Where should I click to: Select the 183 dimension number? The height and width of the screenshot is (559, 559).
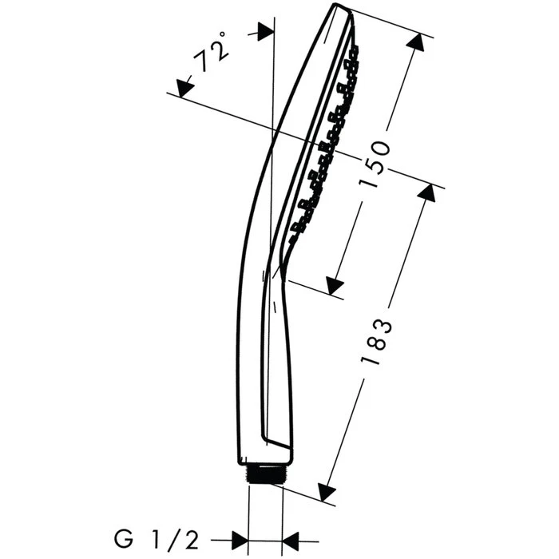click(x=377, y=343)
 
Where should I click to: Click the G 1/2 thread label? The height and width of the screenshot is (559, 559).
click(x=157, y=541)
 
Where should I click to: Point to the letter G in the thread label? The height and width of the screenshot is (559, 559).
click(x=123, y=541)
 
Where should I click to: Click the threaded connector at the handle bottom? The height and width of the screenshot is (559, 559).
click(x=264, y=474)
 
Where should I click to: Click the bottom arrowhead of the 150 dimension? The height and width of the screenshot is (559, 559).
click(x=335, y=285)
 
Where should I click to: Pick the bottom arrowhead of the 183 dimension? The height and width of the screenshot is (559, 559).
click(x=326, y=493)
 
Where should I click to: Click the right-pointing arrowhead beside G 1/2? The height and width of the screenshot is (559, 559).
click(x=240, y=541)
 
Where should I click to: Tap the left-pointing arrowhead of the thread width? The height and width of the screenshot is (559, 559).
click(x=291, y=541)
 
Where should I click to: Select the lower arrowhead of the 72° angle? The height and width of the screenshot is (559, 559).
click(x=184, y=88)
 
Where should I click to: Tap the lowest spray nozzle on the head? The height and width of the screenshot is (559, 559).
click(x=293, y=238)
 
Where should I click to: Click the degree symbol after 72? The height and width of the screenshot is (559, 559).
click(x=222, y=34)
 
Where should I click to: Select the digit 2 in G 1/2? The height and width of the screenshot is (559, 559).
click(x=191, y=541)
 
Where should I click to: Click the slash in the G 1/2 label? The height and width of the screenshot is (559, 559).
click(x=172, y=541)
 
